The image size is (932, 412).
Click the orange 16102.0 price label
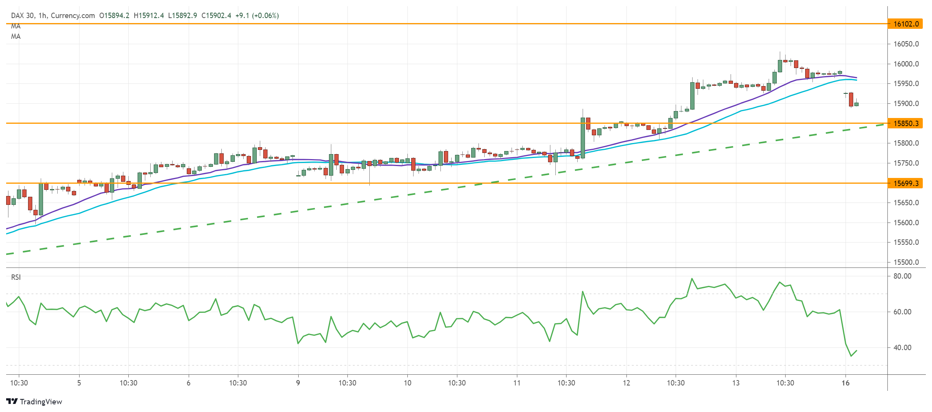[x=905, y=24]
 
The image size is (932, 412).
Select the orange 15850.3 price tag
[x=905, y=123]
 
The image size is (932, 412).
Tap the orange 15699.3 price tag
[x=905, y=183]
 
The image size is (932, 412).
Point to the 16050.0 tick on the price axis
[x=906, y=44]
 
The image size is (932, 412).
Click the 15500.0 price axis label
[x=906, y=262]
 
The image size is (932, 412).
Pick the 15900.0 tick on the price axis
[x=906, y=103]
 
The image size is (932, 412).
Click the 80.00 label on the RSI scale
[x=902, y=276]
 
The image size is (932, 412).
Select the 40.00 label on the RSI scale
[x=902, y=347]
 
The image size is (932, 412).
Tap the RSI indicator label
[x=16, y=277]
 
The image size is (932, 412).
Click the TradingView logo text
[x=41, y=402]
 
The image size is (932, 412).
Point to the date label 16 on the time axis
[x=845, y=383]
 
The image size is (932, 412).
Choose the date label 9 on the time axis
[x=298, y=383]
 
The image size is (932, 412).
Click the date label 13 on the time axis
[x=736, y=383]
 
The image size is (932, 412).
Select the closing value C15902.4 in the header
[x=216, y=15]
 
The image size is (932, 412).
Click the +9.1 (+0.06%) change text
[x=257, y=15]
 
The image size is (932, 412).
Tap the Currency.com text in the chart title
[x=73, y=15]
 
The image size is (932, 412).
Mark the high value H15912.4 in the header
[x=149, y=15]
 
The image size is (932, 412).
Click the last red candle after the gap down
[x=851, y=99]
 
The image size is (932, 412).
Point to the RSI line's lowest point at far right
[x=851, y=356]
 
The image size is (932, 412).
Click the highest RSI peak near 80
[x=692, y=278]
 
